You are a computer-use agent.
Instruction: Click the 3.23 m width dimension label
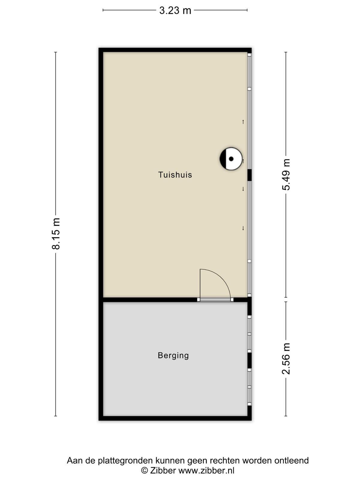pos(175,10)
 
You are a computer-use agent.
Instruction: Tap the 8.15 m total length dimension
pos(56,233)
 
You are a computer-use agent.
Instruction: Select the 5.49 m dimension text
pos(286,175)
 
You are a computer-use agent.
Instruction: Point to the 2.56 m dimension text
pos(286,358)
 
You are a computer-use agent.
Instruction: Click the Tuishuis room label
pos(175,175)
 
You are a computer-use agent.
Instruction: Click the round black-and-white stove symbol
pos(231,159)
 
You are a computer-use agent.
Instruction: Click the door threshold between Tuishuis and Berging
pos(215,300)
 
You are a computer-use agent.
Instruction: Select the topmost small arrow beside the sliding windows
pos(243,122)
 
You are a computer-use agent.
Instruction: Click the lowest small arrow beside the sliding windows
pos(243,228)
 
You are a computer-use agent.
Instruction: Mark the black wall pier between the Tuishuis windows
pos(249,175)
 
